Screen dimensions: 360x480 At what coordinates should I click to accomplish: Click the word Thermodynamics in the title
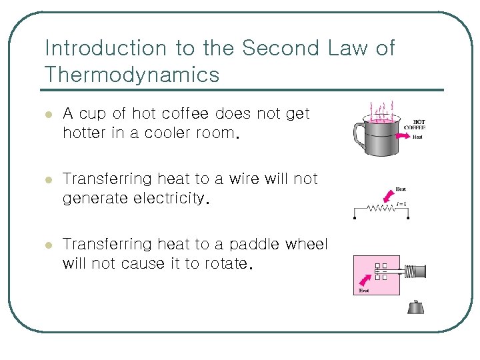(131, 75)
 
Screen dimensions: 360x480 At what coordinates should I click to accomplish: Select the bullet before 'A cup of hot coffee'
(47, 115)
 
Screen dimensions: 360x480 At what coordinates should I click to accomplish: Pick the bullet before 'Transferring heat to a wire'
(47, 180)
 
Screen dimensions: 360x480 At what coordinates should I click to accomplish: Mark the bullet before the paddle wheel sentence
(47, 245)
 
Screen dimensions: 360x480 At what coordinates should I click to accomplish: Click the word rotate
(225, 263)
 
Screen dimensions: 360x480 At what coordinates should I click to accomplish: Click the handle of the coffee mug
(360, 136)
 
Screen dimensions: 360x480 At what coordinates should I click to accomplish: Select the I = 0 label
(401, 203)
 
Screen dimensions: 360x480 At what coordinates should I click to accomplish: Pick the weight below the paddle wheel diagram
(415, 307)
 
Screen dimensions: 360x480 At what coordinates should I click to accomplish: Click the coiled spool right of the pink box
(414, 271)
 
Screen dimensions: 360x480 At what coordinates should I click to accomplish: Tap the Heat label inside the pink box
(364, 290)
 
